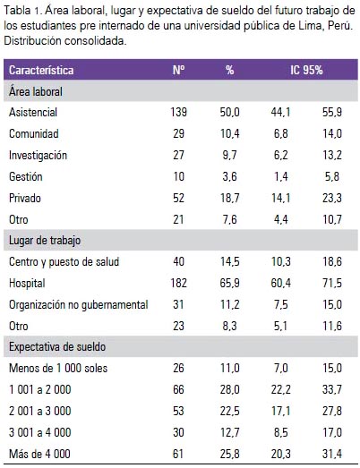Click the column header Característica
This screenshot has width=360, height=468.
point(41,71)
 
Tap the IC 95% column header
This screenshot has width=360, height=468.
point(306,71)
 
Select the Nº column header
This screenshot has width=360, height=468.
point(178,71)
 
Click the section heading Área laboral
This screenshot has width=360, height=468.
point(36,91)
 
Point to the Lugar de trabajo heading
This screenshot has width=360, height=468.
point(45,241)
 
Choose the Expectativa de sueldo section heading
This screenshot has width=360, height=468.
point(57,347)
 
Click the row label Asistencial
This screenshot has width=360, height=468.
point(33,113)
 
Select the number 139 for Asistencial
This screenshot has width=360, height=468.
point(178,113)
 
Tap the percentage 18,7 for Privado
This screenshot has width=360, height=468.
point(230,198)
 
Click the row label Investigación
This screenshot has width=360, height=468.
point(38,156)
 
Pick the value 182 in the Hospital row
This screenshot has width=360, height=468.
point(178,283)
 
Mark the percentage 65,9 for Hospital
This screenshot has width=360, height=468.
point(230,283)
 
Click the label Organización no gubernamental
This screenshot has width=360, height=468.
point(79,305)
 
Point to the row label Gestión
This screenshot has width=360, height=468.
point(26,176)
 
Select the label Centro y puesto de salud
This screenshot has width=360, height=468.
point(64,262)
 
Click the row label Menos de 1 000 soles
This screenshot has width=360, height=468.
point(58,368)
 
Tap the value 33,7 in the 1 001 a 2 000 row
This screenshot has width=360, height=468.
point(332,389)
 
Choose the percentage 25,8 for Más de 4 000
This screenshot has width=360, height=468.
point(230,454)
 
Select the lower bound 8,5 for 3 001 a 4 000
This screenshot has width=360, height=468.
point(281,432)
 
